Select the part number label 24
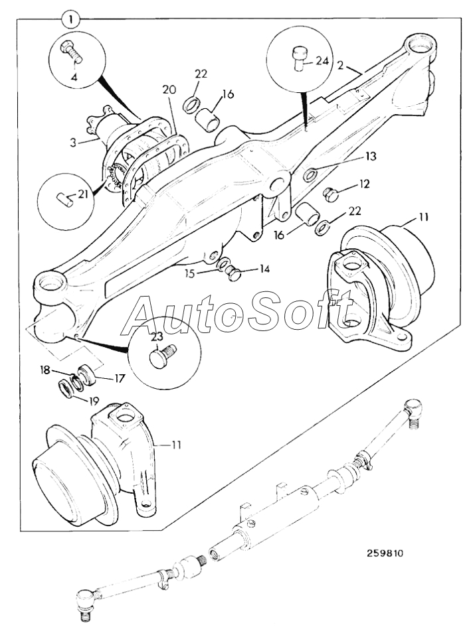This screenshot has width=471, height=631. coord(322,60)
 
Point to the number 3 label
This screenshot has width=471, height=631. coord(74,141)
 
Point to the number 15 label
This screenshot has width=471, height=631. coord(209,273)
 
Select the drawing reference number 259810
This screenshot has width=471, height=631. coord(385,552)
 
